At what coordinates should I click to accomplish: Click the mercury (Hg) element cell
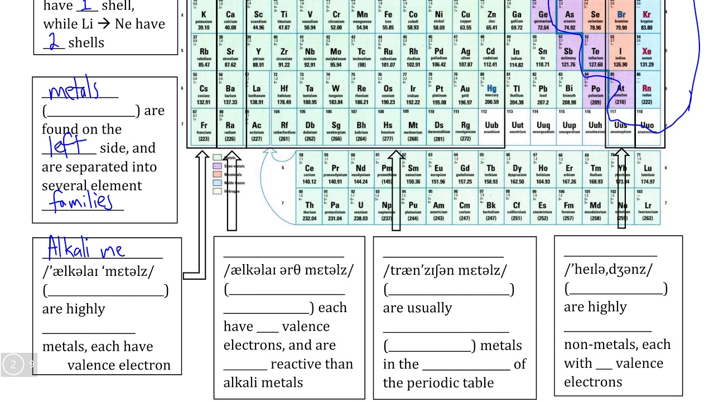[x=491, y=93]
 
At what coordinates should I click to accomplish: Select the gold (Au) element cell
[x=465, y=93]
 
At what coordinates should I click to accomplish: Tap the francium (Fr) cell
[x=204, y=129]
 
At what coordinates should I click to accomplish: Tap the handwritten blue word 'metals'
[x=74, y=90]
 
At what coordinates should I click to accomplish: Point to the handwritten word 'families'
[x=81, y=201]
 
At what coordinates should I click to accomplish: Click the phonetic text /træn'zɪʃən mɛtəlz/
[x=445, y=271]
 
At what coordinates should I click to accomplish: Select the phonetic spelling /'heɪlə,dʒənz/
[x=608, y=270]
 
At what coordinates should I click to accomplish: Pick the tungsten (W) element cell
[x=336, y=93]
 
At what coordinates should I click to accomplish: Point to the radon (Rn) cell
[x=647, y=93]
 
